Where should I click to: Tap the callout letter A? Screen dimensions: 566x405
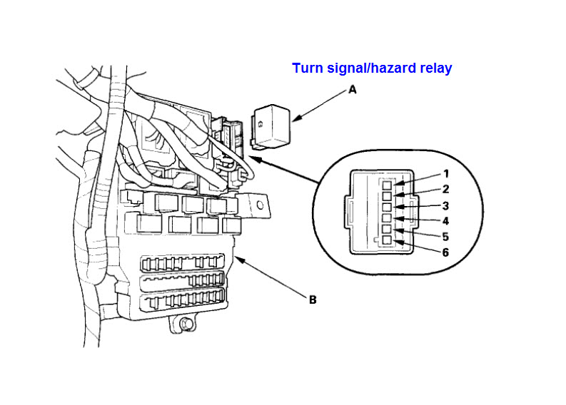pyautogui.click(x=353, y=89)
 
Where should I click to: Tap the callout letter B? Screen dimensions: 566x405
pyautogui.click(x=313, y=299)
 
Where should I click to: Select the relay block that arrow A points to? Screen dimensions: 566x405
pyautogui.click(x=271, y=127)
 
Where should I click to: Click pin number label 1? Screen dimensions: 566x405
pyautogui.click(x=446, y=174)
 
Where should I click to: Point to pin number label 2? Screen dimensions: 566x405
pyautogui.click(x=446, y=190)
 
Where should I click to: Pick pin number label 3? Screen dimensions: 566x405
pyautogui.click(x=446, y=205)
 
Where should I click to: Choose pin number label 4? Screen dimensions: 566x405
pyautogui.click(x=446, y=221)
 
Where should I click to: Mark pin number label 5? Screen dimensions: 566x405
pyautogui.click(x=446, y=237)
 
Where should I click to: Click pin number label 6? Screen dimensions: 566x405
pyautogui.click(x=446, y=252)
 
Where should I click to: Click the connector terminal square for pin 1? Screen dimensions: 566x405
pyautogui.click(x=387, y=185)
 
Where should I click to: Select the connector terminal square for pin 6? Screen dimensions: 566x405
pyautogui.click(x=387, y=240)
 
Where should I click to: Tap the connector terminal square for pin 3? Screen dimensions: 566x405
pyautogui.click(x=387, y=207)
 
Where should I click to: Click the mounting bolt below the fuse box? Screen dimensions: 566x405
pyautogui.click(x=186, y=324)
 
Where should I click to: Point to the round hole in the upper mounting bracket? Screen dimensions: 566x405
pyautogui.click(x=260, y=205)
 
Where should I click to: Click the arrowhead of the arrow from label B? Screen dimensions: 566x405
pyautogui.click(x=239, y=260)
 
